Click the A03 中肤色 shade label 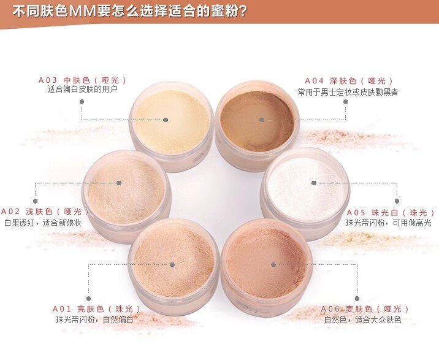(82, 80)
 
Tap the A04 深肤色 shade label (349, 81)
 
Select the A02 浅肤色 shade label (45, 211)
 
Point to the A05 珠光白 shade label (391, 213)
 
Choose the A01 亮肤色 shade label (96, 309)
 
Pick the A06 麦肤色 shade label (365, 309)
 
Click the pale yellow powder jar (172, 126)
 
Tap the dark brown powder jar (258, 126)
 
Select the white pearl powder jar (305, 193)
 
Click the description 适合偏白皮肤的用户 (83, 90)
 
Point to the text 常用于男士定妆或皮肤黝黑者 (348, 92)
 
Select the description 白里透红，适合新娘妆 (43, 223)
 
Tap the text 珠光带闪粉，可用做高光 (389, 223)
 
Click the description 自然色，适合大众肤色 (363, 320)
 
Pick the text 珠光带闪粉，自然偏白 (94, 320)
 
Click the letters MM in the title (82, 12)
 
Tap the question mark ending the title (243, 12)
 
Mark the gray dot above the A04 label (345, 102)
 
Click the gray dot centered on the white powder (314, 183)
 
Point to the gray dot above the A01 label (88, 299)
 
